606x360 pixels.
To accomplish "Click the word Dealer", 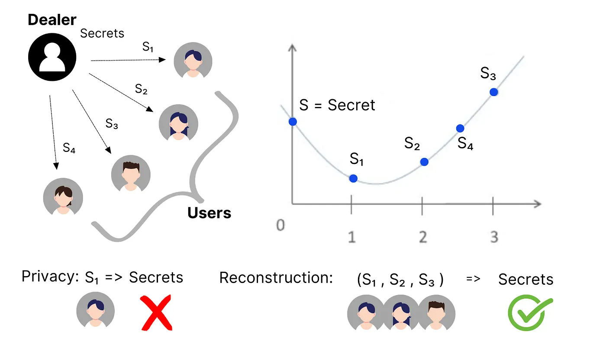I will coord(52,19).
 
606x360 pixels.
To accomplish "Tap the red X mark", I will coord(156,312).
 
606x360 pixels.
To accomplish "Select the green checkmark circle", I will coord(529,313).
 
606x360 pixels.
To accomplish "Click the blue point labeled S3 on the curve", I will coord(493,92).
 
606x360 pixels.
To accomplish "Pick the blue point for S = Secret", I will coord(293,122).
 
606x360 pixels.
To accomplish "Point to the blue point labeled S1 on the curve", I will coord(353,178).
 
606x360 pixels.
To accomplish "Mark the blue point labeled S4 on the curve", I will coord(460,128).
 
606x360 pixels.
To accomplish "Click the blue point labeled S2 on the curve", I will coord(424,162).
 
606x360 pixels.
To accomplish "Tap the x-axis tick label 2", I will coord(423,237).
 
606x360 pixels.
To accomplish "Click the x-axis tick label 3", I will coord(494,237).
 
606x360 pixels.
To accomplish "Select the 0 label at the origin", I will coord(281,226).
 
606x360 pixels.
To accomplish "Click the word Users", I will coord(210,213).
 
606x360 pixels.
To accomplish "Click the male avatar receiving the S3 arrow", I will coord(131,174).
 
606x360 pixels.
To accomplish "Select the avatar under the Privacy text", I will coord(96,312).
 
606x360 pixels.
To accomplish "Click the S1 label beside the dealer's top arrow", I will coord(148,48).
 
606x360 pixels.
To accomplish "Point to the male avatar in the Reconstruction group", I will coord(436,312).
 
